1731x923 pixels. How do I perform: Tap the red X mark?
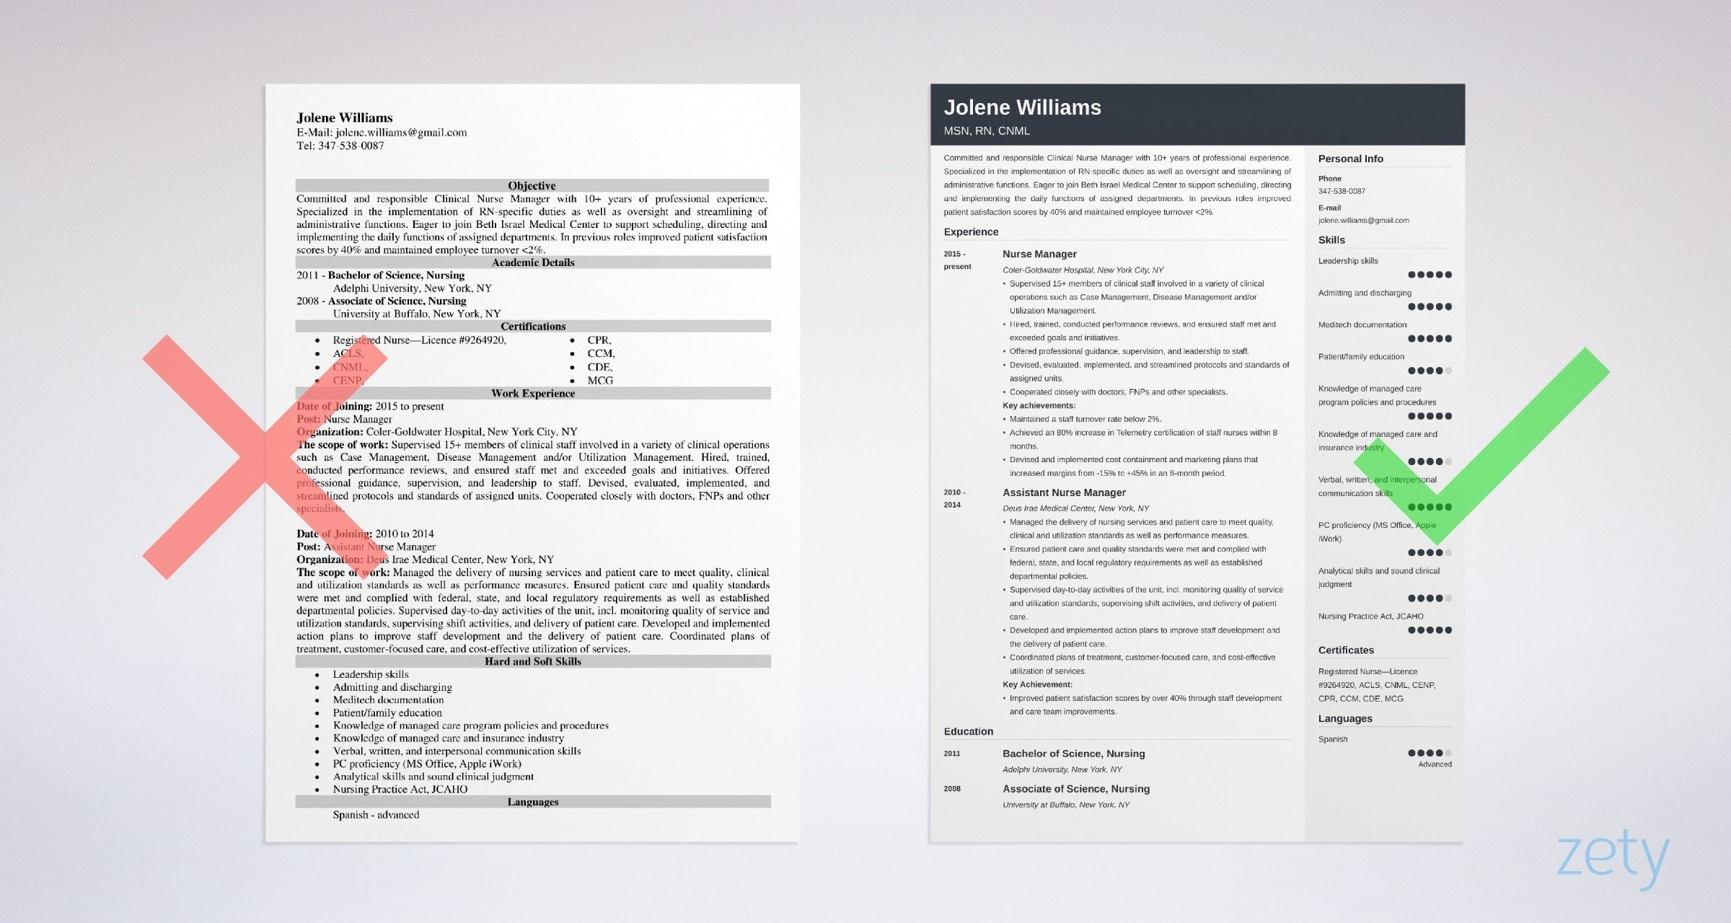point(265,456)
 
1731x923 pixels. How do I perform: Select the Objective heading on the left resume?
point(532,185)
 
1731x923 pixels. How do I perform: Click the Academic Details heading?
point(533,262)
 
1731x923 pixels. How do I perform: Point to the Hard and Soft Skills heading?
point(533,661)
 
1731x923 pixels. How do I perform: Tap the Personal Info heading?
point(1350,159)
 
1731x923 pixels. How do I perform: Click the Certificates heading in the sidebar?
point(1346,650)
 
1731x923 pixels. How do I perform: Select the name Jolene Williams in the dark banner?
point(1022,107)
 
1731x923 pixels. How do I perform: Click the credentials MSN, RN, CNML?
point(986,131)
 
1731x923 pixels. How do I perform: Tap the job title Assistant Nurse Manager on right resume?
point(1064,493)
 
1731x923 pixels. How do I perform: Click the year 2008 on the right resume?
point(952,789)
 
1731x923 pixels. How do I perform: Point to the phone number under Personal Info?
point(1342,191)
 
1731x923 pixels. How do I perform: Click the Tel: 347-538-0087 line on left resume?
point(340,146)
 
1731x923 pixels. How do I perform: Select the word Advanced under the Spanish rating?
point(1435,764)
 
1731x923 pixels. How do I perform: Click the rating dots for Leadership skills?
point(1430,275)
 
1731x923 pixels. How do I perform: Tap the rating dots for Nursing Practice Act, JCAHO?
point(1430,630)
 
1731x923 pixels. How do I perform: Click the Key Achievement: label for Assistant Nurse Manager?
point(1037,684)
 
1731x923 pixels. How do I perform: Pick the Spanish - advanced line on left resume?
point(376,815)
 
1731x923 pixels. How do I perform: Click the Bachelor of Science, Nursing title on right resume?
point(1073,754)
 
